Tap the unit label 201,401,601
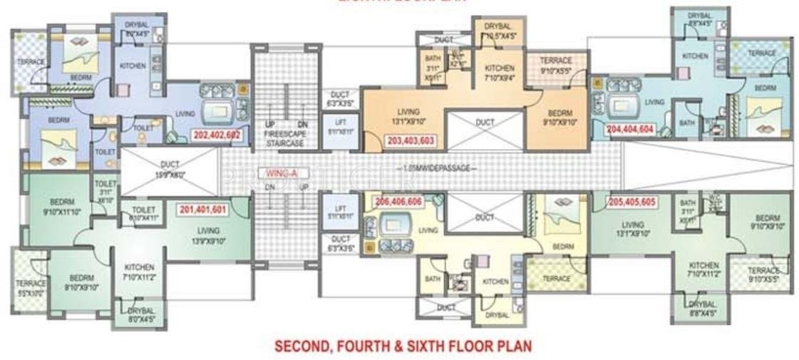[203, 210]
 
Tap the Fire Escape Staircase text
[284, 138]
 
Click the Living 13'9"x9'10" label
[208, 235]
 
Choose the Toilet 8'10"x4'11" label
[143, 214]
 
